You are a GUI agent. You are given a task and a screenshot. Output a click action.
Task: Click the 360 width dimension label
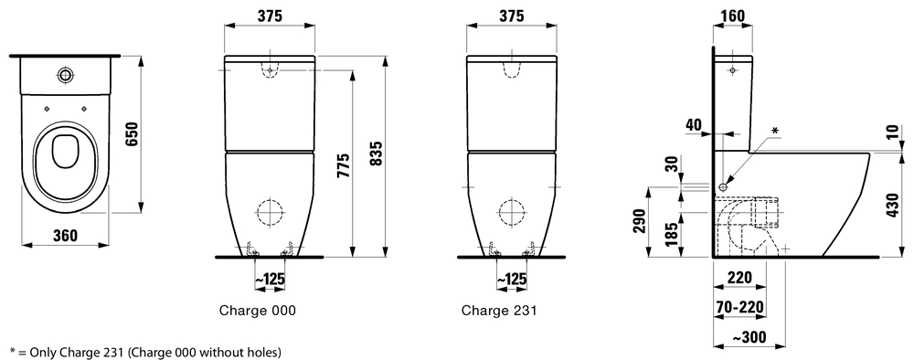(65, 236)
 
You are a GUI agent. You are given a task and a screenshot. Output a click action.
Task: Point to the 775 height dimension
(344, 167)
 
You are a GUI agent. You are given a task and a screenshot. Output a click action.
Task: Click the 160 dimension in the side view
(733, 16)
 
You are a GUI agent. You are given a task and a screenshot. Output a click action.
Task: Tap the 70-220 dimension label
(739, 306)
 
